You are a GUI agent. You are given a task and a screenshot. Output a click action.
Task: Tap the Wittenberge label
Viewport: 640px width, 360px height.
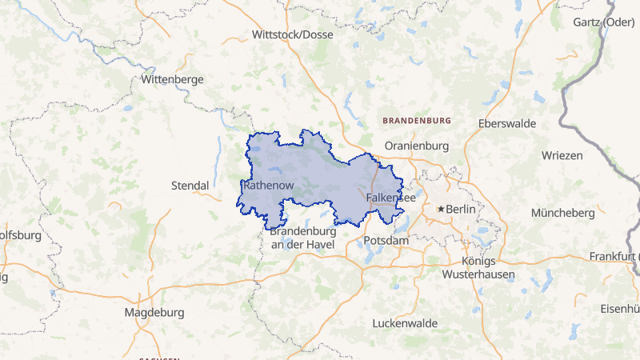tap(172, 80)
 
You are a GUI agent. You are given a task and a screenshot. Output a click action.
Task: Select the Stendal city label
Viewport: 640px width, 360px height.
tap(190, 186)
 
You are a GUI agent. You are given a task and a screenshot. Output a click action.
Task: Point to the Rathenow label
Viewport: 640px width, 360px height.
tap(268, 186)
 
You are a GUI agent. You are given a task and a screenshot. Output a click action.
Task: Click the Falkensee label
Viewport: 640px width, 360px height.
tap(390, 197)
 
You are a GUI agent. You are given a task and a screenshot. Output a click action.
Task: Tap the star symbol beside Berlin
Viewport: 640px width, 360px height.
tap(440, 210)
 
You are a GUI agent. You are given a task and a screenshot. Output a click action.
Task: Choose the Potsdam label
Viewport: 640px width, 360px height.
tap(386, 240)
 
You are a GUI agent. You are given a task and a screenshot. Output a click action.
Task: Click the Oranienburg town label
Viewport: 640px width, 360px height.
tap(417, 146)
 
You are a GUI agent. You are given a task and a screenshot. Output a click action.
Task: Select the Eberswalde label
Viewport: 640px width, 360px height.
tap(506, 124)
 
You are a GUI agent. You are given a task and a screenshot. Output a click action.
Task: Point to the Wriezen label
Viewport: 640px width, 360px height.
tap(562, 155)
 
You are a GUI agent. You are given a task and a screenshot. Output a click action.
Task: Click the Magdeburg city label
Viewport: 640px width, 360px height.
tap(154, 312)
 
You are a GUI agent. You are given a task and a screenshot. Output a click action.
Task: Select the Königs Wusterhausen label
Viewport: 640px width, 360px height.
tap(479, 268)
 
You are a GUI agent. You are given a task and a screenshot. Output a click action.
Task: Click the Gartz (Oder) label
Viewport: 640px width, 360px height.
tap(603, 22)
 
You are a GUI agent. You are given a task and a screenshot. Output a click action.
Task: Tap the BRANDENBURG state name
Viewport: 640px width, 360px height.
tap(418, 121)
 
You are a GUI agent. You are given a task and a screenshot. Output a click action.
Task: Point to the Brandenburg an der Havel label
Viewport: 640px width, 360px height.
tap(302, 238)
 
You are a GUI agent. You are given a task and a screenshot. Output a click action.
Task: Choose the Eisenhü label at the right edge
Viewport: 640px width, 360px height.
tap(620, 309)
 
